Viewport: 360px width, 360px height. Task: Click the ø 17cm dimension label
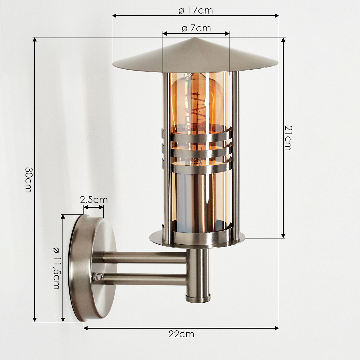[196, 10]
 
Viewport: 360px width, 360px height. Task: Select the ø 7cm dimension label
[196, 29]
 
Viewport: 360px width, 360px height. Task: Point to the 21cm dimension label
[288, 138]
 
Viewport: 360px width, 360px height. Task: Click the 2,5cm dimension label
[94, 200]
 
